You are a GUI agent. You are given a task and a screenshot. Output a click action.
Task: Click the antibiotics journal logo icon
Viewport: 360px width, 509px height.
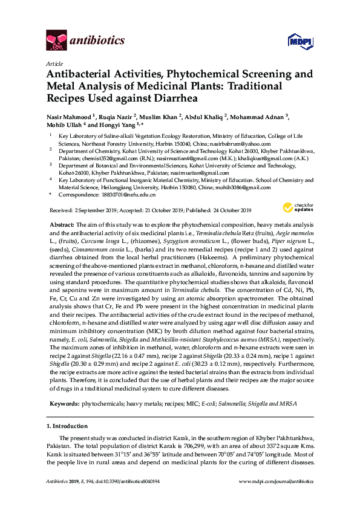pyautogui.click(x=56, y=40)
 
